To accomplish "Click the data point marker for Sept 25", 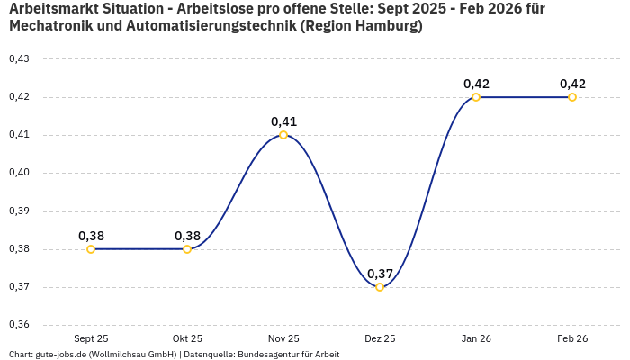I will pos(91,249).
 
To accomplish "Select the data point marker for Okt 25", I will pos(187,249).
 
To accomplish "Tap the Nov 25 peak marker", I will pos(283,135).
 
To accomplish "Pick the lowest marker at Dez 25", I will pos(380,287).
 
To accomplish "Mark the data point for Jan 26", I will pos(476,97).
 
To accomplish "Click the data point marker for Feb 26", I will pos(572,97).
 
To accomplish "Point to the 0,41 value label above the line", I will pos(283,121).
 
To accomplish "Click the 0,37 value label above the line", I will pos(380,274).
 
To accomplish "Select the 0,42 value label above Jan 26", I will pos(476,84).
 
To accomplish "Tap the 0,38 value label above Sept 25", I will pos(91,236).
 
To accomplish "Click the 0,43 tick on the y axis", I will pos(19,59).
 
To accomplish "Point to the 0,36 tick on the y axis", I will pos(19,325).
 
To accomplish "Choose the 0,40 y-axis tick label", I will pos(19,173).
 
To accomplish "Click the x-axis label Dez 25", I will pos(380,338).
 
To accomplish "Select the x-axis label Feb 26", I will pos(572,338).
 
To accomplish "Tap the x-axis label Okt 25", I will pos(187,338).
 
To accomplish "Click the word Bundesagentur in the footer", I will pos(268,355).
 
